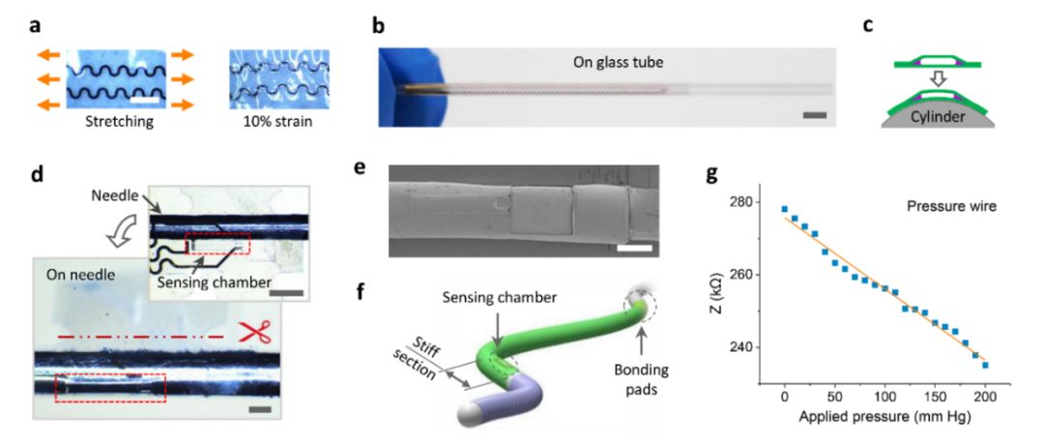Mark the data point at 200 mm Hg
pyautogui.click(x=985, y=365)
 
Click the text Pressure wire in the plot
pyautogui.click(x=951, y=207)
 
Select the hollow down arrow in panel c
pyautogui.click(x=937, y=79)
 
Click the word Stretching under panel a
pyautogui.click(x=112, y=124)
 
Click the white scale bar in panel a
pyautogui.click(x=148, y=100)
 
